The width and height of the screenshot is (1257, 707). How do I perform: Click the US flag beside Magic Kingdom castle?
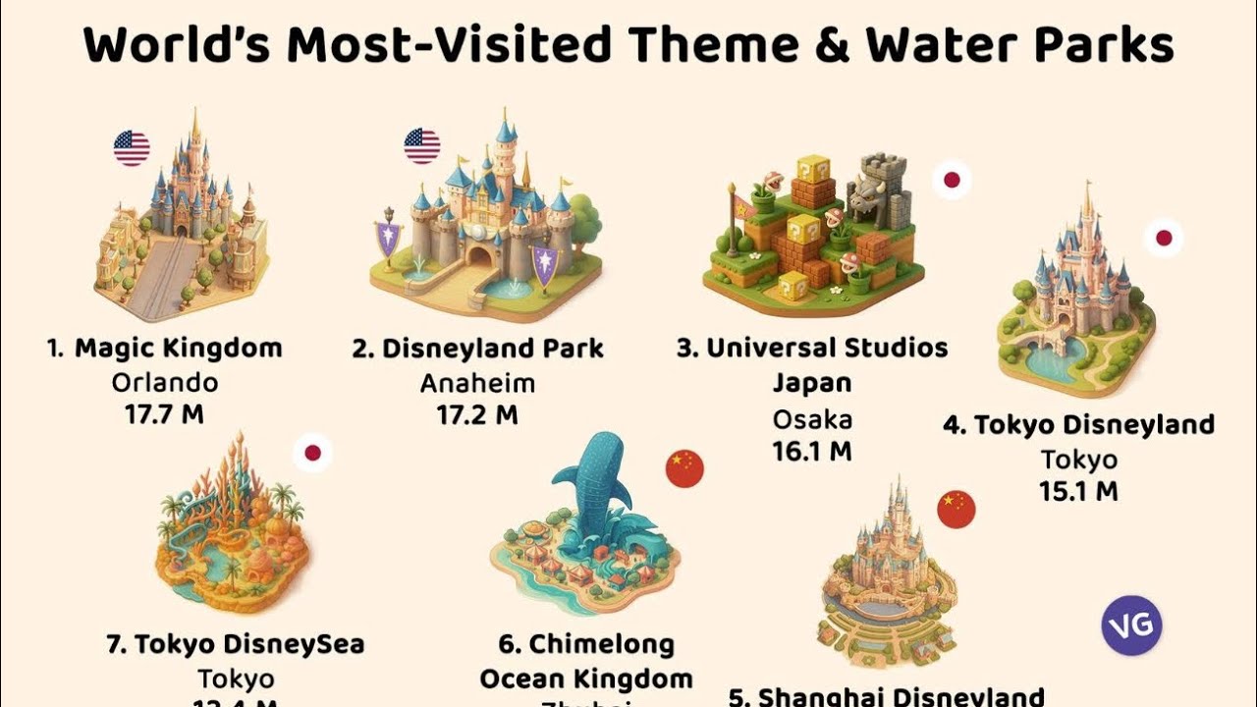click(x=132, y=148)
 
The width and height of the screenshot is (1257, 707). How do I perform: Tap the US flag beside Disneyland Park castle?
click(x=422, y=146)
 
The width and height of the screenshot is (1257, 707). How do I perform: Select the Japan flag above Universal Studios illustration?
click(x=952, y=181)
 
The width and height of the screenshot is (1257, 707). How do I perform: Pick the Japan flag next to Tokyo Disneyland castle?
click(x=1164, y=238)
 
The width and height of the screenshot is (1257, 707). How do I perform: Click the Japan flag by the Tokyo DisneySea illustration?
click(x=312, y=453)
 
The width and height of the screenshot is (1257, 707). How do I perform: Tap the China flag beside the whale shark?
click(x=684, y=468)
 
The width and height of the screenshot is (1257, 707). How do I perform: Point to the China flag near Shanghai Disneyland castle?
click(x=956, y=509)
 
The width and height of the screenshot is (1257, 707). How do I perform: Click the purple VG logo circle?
click(x=1131, y=625)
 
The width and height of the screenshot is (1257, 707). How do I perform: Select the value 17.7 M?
click(x=164, y=413)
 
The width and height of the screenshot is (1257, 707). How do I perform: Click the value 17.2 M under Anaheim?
click(x=477, y=413)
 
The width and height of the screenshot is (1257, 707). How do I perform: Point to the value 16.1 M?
click(x=811, y=451)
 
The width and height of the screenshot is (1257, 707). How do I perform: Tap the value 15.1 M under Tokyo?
click(x=1078, y=490)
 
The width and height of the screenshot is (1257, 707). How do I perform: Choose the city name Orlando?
click(x=164, y=381)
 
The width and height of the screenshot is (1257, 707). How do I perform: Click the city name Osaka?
click(x=811, y=419)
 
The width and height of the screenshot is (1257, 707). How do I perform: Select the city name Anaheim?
click(x=477, y=381)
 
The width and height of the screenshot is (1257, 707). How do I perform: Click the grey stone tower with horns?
click(x=880, y=189)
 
